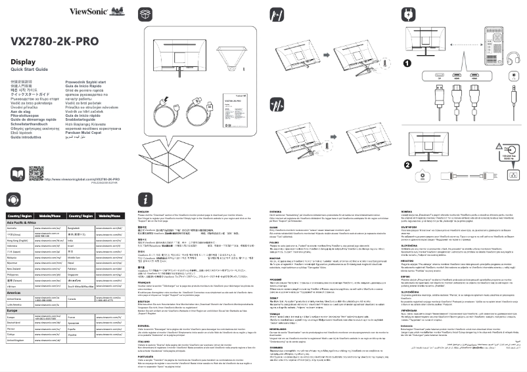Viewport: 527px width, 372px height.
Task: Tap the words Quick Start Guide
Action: coord(30,69)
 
